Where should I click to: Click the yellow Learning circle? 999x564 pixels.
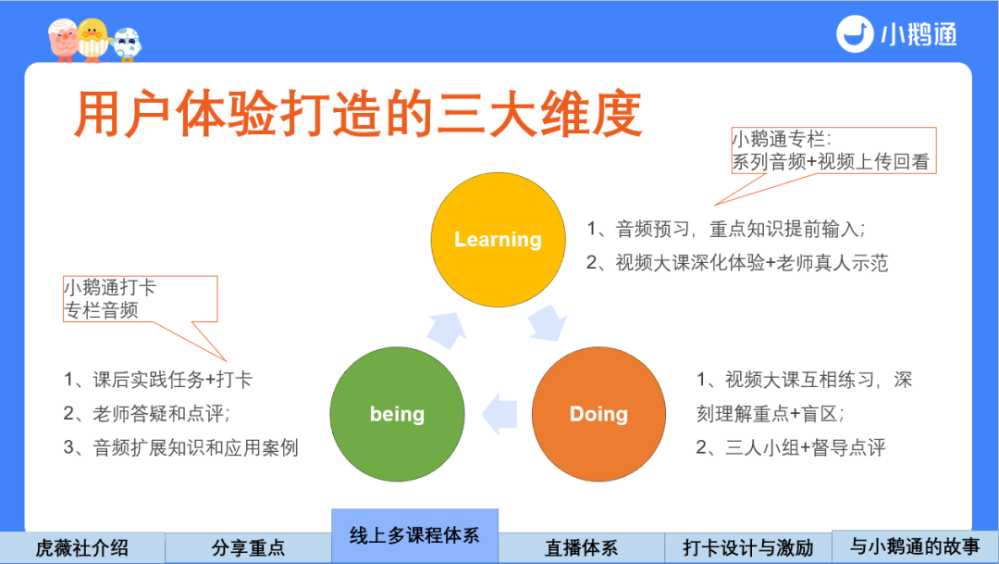coord(498,240)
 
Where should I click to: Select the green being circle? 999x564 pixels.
coord(397,414)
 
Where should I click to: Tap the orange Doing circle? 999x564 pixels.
coord(598,414)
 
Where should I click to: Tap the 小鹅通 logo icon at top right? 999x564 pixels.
coord(855,34)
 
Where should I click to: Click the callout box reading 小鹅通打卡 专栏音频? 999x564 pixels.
coord(140,298)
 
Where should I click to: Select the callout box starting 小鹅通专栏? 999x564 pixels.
coord(833,151)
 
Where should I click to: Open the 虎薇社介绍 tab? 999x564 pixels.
coord(81,547)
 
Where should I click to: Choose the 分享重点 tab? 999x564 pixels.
coord(248,547)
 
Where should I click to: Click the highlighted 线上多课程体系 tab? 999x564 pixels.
coord(414,535)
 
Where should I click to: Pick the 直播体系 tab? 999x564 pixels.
coord(581,547)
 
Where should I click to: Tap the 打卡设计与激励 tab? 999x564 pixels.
coord(747,547)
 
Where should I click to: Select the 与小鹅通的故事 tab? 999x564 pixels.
coord(915,545)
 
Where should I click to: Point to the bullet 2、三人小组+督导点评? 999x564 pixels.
coord(791,447)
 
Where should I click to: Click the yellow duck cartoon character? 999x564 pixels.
coord(91,40)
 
